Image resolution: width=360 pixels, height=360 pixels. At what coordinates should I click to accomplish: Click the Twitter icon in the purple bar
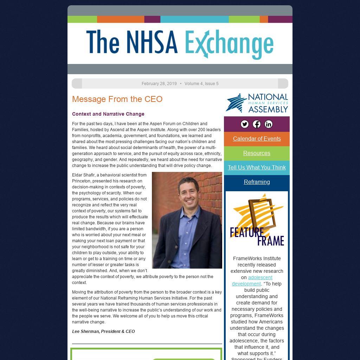245,124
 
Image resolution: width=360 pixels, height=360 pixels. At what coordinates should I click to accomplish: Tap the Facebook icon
257,124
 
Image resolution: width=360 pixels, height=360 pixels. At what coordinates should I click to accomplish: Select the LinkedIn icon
269,124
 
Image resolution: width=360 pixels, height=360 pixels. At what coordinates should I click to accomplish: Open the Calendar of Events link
257,139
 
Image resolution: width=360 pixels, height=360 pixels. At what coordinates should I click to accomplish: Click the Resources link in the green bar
257,153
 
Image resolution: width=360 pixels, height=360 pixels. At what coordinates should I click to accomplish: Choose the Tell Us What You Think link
257,167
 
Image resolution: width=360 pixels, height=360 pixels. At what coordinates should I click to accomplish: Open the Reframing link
257,182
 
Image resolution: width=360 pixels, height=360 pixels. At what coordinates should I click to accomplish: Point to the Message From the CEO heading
117,99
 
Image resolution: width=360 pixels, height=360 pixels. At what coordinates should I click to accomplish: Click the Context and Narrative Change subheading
108,114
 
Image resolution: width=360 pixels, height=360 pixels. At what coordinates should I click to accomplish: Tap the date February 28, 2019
159,84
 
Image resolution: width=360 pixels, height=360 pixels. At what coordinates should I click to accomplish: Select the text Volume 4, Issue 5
201,84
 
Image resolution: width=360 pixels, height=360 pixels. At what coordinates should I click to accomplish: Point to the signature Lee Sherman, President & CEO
103,332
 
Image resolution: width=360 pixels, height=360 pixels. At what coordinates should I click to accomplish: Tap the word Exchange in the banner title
229,44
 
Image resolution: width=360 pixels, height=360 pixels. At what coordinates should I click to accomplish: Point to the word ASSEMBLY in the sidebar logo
268,109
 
